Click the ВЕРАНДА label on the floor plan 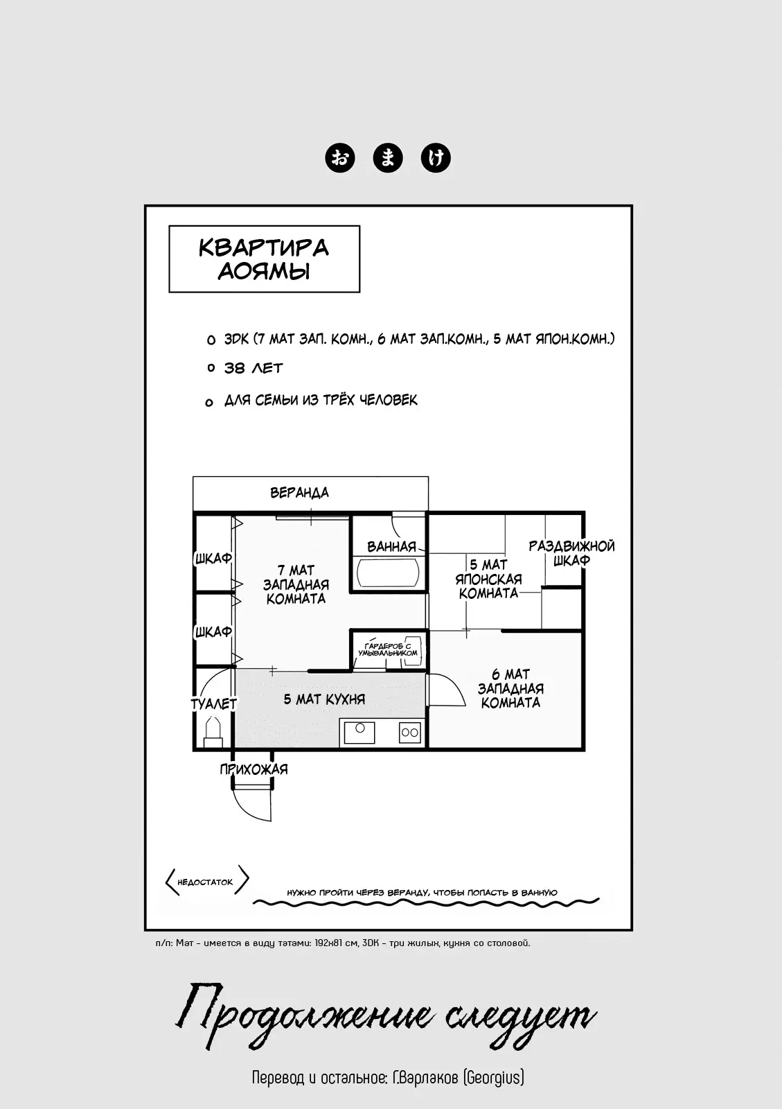point(299,493)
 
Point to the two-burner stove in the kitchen point(409,732)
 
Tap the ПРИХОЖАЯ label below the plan point(254,769)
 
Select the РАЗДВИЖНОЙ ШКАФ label point(571,553)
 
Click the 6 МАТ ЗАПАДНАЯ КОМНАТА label point(510,688)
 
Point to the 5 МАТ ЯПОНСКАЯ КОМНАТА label point(488,579)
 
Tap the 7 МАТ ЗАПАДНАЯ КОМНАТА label point(296,584)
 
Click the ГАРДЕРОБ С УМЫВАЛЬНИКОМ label point(388,649)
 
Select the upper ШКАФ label point(213,558)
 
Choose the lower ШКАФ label point(213,632)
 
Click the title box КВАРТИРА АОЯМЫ point(264,259)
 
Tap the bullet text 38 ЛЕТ point(254,368)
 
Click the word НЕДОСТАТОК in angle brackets point(205,882)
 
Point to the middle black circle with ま point(388,158)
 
